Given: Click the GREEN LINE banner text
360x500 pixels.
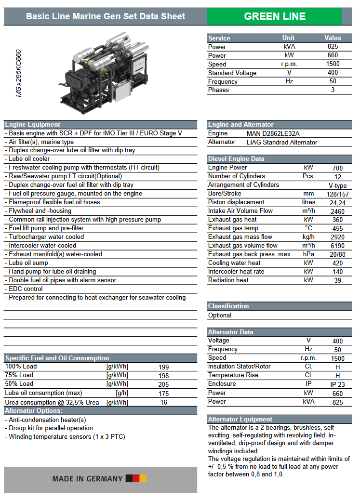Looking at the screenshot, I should coord(274,16).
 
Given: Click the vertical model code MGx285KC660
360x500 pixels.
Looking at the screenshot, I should coord(19,73).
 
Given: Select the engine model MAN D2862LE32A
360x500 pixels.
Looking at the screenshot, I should coord(273,133).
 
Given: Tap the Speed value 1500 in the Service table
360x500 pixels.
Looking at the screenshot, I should coord(333,64).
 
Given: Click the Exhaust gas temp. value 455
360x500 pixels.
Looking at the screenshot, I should coord(337,228).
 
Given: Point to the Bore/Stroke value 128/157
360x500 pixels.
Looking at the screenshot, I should coord(337,194).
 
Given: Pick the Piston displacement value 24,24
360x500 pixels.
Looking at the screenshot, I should coord(337,202).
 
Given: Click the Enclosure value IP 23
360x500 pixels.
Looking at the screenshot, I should coord(337,384).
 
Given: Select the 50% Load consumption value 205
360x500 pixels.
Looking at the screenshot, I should coord(164,384).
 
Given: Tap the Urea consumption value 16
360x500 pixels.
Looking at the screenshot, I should coord(164,402).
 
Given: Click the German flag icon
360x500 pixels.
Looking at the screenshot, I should coord(136,479).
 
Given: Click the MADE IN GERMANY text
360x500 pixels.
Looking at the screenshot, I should coord(87,479).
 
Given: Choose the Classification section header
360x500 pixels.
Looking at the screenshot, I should coord(228,306).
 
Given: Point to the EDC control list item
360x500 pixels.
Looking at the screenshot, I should coord(26,289).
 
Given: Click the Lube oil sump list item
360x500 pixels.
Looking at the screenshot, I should coord(28,263).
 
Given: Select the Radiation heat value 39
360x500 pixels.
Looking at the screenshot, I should coord(337,280).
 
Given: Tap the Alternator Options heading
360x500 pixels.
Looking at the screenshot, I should coord(34,411).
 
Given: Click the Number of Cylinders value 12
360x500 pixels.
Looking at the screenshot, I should coord(337,176).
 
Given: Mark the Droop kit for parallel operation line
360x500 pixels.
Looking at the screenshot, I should coord(51,428).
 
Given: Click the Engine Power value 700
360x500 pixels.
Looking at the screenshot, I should coord(337,168).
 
